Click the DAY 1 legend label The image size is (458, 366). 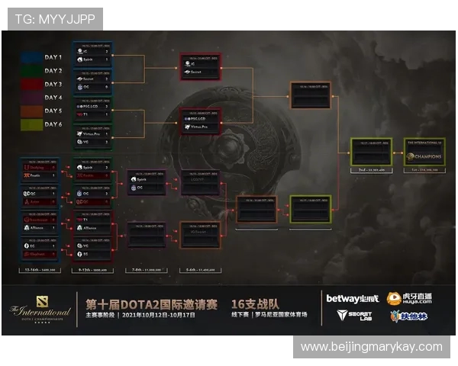(53, 57)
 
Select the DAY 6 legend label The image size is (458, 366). (53, 125)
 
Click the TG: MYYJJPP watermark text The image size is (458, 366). (53, 18)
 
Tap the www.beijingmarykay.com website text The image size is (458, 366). (371, 346)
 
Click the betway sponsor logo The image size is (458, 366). (352, 298)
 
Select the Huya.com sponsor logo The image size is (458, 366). (409, 298)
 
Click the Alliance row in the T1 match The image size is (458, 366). (92, 228)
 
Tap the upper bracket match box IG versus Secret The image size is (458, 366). (200, 67)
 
